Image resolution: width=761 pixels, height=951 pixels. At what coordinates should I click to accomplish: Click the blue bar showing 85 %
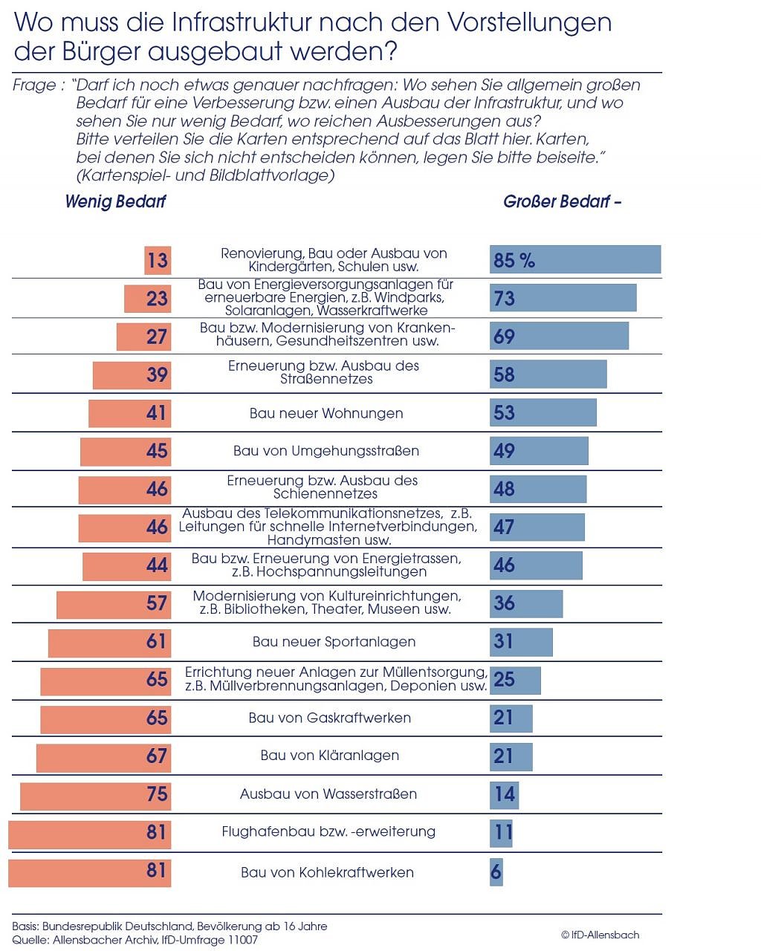click(574, 259)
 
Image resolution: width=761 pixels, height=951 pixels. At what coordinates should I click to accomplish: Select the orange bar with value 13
click(158, 260)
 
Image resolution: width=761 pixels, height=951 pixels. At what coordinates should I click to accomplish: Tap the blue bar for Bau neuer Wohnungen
click(543, 412)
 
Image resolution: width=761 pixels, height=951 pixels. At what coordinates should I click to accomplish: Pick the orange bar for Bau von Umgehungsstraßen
click(126, 451)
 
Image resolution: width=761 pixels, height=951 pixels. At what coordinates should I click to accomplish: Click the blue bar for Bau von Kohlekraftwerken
click(496, 871)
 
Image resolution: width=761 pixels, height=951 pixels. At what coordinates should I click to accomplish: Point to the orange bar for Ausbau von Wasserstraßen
click(95, 794)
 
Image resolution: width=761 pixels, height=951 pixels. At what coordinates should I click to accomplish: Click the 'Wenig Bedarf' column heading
click(115, 201)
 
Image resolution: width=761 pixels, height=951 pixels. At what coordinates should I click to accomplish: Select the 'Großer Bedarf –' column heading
click(562, 201)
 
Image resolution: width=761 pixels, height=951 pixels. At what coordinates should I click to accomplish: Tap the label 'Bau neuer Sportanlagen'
click(334, 642)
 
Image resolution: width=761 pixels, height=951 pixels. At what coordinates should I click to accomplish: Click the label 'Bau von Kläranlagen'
click(329, 756)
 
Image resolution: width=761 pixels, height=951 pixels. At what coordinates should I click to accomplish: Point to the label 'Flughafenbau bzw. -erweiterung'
click(328, 831)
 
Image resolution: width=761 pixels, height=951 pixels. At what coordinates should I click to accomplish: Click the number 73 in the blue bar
click(504, 299)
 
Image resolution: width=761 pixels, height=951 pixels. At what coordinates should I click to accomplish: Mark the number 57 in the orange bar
click(157, 603)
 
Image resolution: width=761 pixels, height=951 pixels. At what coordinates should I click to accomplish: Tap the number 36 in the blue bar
click(504, 603)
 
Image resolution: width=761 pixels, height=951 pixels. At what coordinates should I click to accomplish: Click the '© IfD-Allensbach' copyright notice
click(600, 935)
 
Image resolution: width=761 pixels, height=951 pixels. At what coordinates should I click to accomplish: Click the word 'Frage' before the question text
click(33, 85)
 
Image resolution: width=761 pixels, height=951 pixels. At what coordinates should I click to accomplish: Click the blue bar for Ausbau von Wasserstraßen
click(504, 794)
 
